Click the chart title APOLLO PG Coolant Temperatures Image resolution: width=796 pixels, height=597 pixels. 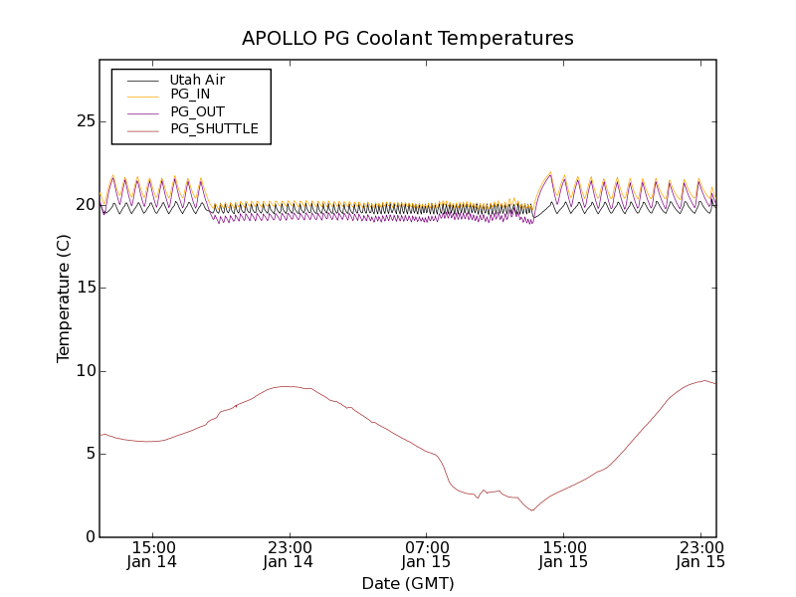pyautogui.click(x=408, y=39)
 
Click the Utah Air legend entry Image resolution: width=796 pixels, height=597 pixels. pyautogui.click(x=197, y=80)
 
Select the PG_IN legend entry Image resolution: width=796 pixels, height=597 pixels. pyautogui.click(x=190, y=95)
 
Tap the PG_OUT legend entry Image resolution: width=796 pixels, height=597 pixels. pyautogui.click(x=197, y=111)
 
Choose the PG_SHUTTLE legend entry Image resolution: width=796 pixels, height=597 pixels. pyautogui.click(x=214, y=128)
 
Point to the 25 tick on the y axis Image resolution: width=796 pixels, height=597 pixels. pyautogui.click(x=86, y=121)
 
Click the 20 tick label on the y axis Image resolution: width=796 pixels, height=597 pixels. pyautogui.click(x=86, y=205)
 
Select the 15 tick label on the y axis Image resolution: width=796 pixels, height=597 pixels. pyautogui.click(x=86, y=288)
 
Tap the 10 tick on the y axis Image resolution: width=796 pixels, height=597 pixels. pyautogui.click(x=86, y=371)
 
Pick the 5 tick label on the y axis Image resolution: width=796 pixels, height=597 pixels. pyautogui.click(x=91, y=454)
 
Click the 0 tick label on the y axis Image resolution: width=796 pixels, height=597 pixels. pyautogui.click(x=91, y=537)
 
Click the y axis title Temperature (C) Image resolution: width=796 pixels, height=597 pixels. pyautogui.click(x=64, y=298)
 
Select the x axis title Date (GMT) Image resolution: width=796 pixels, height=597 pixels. pyautogui.click(x=408, y=583)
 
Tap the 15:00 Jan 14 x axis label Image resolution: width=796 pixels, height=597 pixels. pyautogui.click(x=153, y=554)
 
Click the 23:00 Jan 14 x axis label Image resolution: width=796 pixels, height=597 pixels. pyautogui.click(x=289, y=554)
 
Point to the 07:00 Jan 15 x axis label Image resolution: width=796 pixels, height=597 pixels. pyautogui.click(x=426, y=554)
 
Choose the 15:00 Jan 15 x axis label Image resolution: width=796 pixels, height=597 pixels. pyautogui.click(x=563, y=554)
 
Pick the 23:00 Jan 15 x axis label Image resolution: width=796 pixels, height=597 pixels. pyautogui.click(x=700, y=554)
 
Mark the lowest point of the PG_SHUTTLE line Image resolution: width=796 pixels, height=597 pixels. pyautogui.click(x=532, y=510)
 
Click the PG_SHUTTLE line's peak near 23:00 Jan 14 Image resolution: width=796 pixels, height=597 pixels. pyautogui.click(x=288, y=386)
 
